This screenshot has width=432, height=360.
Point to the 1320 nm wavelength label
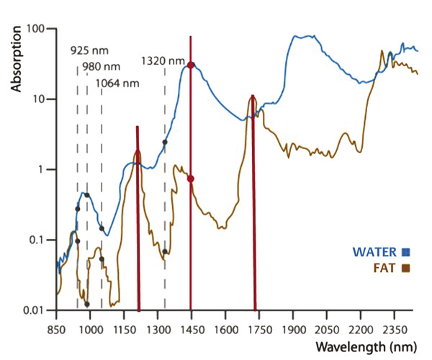tap(163, 60)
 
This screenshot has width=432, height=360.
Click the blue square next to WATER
tap(406, 252)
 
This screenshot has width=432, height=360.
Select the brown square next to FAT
tap(406, 269)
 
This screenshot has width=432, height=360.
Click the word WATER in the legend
tap(374, 252)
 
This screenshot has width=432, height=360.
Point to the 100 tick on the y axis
tap(37, 29)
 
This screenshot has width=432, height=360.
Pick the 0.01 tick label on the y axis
tap(35, 310)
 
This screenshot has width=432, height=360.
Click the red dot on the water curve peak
tap(190, 65)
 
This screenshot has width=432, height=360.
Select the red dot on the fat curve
tap(190, 179)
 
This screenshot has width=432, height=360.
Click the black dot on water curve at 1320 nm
tap(165, 142)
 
